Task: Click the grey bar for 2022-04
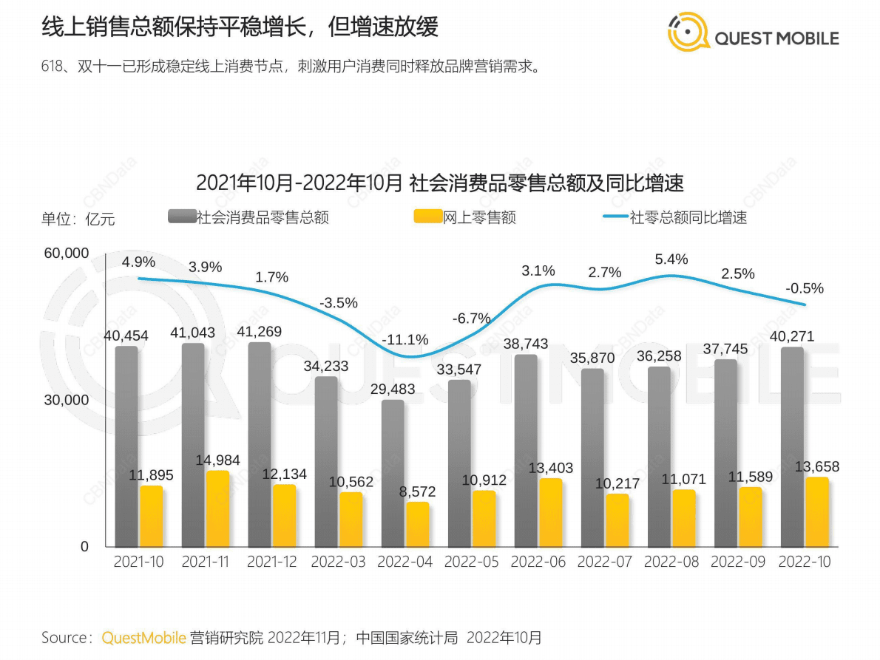click(393, 473)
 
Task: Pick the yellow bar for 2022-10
click(816, 511)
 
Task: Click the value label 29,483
click(393, 389)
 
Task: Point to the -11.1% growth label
click(405, 340)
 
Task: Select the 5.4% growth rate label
click(671, 259)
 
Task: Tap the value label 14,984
click(218, 460)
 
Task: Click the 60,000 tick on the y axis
click(67, 254)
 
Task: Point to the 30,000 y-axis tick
click(67, 400)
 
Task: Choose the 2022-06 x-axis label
click(538, 562)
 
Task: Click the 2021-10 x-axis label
click(139, 562)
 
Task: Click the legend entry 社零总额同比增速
click(688, 217)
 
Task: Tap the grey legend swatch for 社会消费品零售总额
click(182, 217)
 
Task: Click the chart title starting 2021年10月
click(439, 183)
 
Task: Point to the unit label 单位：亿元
click(78, 219)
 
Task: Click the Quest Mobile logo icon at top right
click(688, 33)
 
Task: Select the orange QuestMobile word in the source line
click(143, 637)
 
